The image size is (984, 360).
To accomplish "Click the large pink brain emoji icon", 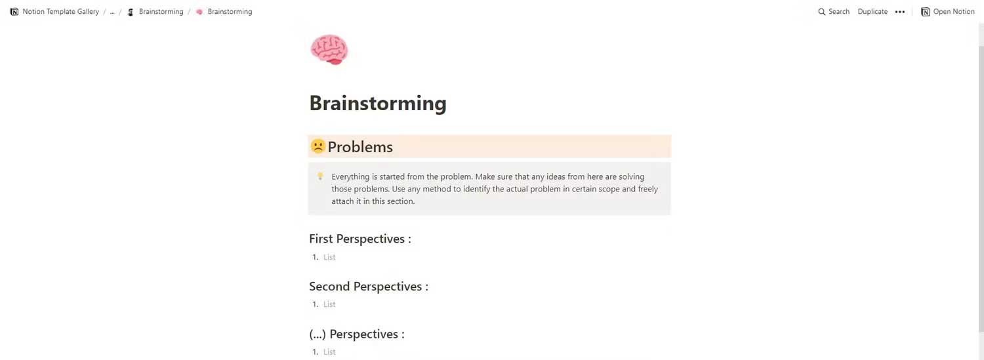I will tap(329, 50).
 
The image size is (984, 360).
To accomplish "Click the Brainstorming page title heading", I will tap(377, 103).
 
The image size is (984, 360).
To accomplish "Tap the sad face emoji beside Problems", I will tap(318, 146).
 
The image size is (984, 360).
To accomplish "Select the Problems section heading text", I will tap(360, 147).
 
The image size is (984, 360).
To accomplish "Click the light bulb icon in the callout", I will tap(320, 176).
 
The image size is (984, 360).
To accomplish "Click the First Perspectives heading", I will tap(359, 239).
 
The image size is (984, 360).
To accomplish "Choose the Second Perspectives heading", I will tap(368, 287).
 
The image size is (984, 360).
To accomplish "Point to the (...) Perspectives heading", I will tap(356, 334).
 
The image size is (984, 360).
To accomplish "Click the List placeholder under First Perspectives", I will tap(329, 257).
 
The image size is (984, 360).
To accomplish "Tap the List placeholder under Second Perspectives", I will tap(329, 304).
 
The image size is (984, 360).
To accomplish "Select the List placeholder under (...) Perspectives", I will tap(329, 352).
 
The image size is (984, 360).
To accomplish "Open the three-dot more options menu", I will tap(900, 12).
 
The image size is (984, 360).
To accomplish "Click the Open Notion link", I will tap(948, 12).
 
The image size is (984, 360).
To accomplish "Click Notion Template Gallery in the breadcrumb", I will tap(60, 12).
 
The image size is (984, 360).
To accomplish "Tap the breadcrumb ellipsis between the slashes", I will tap(112, 12).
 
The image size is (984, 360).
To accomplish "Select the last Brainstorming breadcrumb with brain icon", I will tap(230, 12).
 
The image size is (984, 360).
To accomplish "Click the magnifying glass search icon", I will tap(822, 12).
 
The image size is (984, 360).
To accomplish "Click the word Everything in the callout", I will tap(350, 176).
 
